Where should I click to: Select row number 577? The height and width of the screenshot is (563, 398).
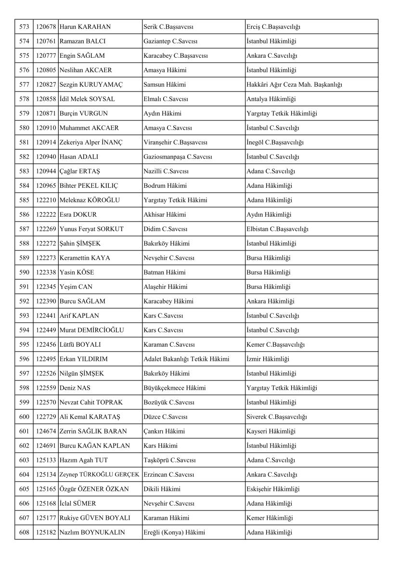pos(24,84)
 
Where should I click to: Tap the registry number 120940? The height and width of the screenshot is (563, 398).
pos(46,157)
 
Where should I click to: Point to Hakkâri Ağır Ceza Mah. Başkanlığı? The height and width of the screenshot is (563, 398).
pos(294,84)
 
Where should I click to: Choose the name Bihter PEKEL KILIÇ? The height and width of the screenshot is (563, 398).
pos(89,185)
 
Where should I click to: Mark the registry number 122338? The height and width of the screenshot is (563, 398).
pos(46,272)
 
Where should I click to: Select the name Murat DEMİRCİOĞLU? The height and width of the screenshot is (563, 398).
pos(91,330)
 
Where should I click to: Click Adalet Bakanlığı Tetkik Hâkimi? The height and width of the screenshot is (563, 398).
pos(186,359)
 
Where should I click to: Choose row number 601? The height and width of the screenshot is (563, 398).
pos(24,431)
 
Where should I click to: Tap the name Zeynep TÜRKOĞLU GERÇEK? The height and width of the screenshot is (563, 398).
pos(99,474)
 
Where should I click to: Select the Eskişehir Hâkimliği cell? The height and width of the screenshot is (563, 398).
pos(272,489)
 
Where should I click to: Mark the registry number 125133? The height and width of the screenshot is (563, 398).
pos(46,460)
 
